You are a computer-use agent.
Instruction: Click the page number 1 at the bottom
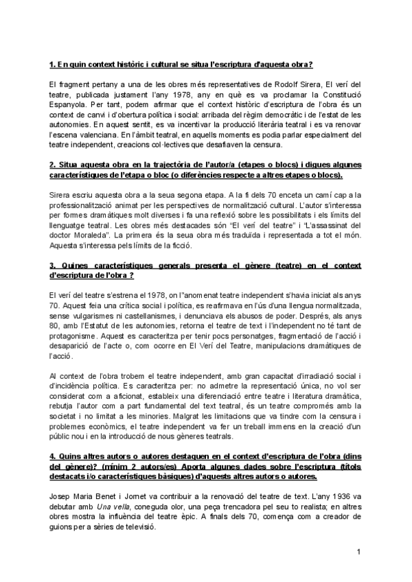(358, 552)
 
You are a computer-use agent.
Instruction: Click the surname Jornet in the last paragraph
(136, 507)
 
